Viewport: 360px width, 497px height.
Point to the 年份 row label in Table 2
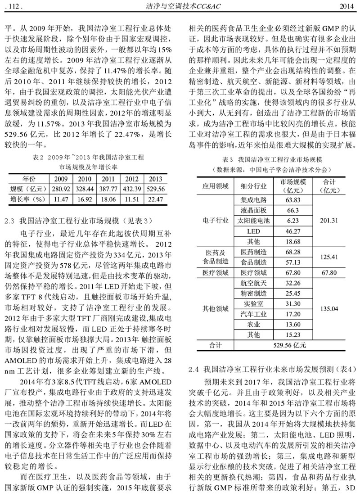point(28,179)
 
